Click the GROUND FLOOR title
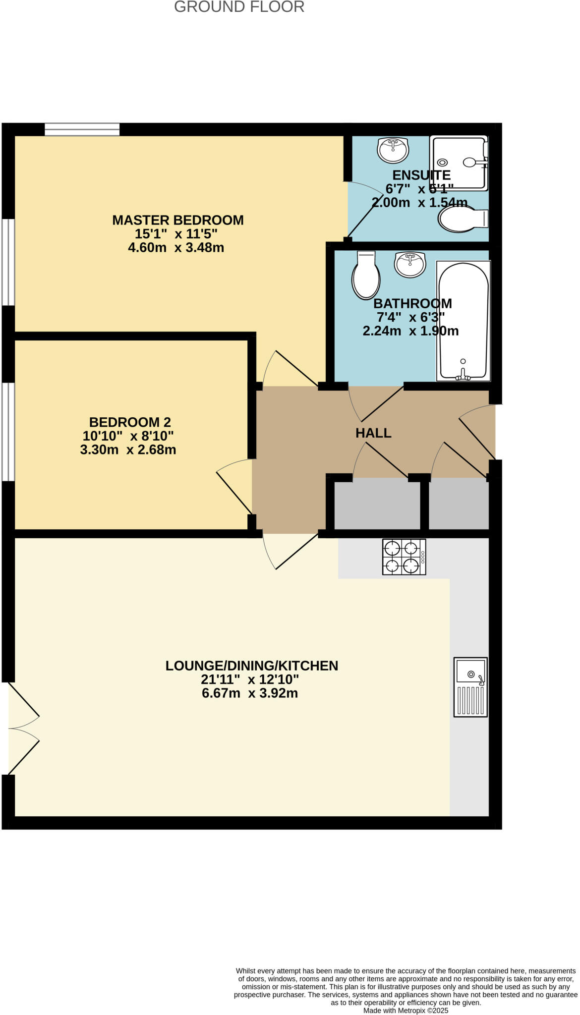pos(239,7)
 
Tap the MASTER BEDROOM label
pos(177,220)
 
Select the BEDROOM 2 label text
pos(130,422)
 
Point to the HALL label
pos(373,433)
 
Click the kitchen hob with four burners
pos(404,557)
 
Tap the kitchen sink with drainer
pos(470,687)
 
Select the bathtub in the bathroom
pos(464,321)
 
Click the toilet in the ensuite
pos(463,219)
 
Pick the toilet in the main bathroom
pos(366,275)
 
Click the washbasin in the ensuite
pos(393,149)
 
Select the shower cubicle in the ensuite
pos(459,163)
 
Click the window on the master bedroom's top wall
pos(82,129)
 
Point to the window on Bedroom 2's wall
pos(8,431)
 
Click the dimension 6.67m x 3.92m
pos(250,693)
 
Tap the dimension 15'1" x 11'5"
pos(176,234)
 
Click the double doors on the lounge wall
pos(22,729)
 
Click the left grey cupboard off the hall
pos(377,504)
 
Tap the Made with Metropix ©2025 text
pos(406,1010)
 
